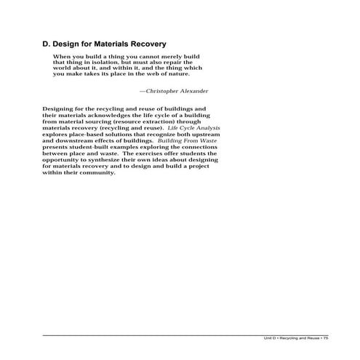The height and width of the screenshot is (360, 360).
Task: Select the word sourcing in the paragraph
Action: [x=104, y=121]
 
